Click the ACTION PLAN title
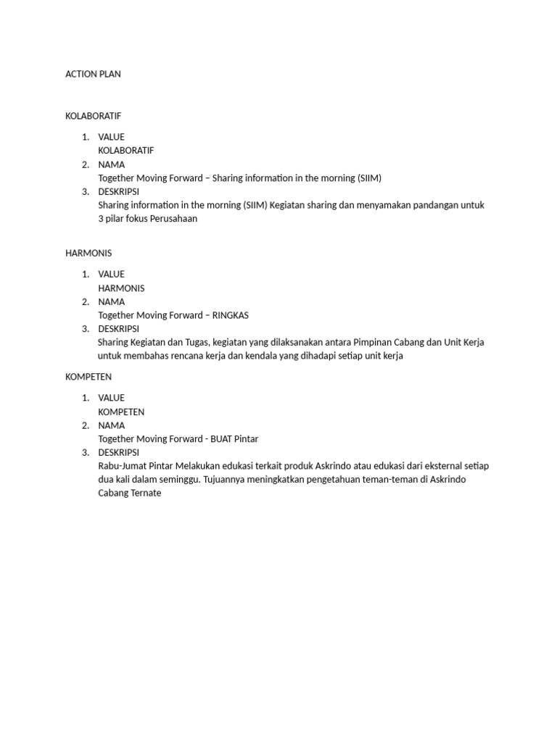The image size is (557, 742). pos(93,74)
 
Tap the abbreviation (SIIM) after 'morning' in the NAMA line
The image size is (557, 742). pos(369,178)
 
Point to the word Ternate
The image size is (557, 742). pos(145,493)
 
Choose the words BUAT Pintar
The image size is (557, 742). pos(236,438)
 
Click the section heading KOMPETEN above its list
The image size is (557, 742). pos(88,377)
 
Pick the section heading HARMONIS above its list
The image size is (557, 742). pos(88,253)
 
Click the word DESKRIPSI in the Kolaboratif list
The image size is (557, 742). pos(118,191)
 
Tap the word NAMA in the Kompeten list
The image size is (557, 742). pos(111,425)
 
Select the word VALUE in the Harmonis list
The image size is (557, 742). pos(111,274)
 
